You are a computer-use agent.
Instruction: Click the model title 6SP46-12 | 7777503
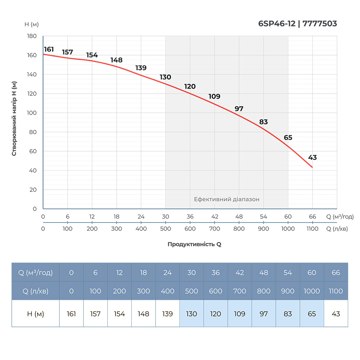(x=297, y=24)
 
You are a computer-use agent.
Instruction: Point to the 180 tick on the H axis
(x=32, y=36)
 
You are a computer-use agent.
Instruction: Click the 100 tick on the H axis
(x=32, y=113)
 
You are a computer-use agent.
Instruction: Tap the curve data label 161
(x=49, y=49)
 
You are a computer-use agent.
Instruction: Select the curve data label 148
(x=117, y=60)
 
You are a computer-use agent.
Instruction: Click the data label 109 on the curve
(x=214, y=96)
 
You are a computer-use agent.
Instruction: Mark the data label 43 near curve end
(x=312, y=157)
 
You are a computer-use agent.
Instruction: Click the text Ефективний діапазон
(x=227, y=199)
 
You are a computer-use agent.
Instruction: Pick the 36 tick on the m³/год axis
(x=190, y=217)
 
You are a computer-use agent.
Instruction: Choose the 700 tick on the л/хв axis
(x=214, y=229)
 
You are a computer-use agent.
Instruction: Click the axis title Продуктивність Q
(x=194, y=244)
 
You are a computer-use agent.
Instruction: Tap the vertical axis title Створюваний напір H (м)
(x=14, y=118)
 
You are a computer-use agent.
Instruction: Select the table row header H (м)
(x=35, y=314)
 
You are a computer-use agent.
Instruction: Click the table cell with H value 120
(x=216, y=314)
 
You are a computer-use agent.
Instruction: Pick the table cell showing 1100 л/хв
(x=336, y=291)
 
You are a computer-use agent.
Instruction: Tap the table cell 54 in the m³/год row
(x=288, y=273)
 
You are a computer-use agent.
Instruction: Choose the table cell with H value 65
(x=312, y=314)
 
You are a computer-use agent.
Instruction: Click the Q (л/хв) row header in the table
(x=35, y=291)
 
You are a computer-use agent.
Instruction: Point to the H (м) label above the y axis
(x=32, y=24)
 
